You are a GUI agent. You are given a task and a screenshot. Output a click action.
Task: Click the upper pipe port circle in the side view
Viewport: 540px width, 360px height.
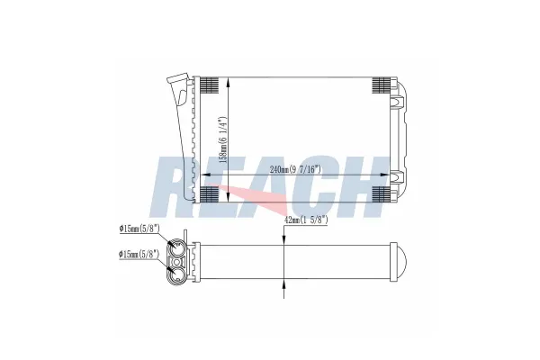[x=178, y=250]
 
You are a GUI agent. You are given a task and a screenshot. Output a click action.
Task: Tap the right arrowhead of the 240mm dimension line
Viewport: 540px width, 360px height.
[x=388, y=174]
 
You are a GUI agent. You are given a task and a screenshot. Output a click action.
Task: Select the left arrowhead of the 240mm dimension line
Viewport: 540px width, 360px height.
[x=200, y=174]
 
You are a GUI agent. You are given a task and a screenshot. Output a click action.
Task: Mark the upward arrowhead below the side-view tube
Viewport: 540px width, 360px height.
[x=285, y=283]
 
